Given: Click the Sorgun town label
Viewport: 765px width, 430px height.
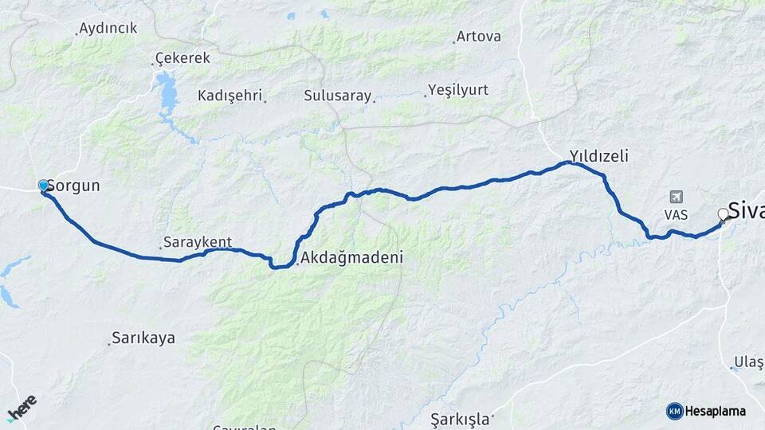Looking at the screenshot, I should (73, 186).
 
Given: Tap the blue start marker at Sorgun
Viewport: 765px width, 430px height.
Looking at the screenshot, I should (44, 186).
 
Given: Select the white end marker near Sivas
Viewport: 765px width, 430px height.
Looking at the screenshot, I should (724, 213).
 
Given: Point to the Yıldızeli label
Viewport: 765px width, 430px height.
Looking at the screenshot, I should (598, 156).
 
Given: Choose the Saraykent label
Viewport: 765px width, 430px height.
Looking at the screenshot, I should (197, 242).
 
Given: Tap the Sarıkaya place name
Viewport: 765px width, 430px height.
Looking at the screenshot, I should (143, 338).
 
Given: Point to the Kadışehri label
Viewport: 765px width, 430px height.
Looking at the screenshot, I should (230, 96).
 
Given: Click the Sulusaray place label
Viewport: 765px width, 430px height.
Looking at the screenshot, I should (338, 96).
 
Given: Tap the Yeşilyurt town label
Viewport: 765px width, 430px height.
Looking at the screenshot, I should (457, 89).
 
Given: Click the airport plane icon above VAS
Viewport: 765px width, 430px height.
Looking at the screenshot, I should (677, 196).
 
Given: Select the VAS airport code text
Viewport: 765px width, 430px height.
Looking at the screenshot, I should (676, 215).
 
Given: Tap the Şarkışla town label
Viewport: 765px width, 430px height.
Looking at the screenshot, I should (458, 418).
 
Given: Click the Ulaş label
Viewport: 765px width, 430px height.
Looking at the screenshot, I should (749, 362).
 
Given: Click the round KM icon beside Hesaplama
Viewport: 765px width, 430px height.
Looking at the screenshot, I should (675, 411).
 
